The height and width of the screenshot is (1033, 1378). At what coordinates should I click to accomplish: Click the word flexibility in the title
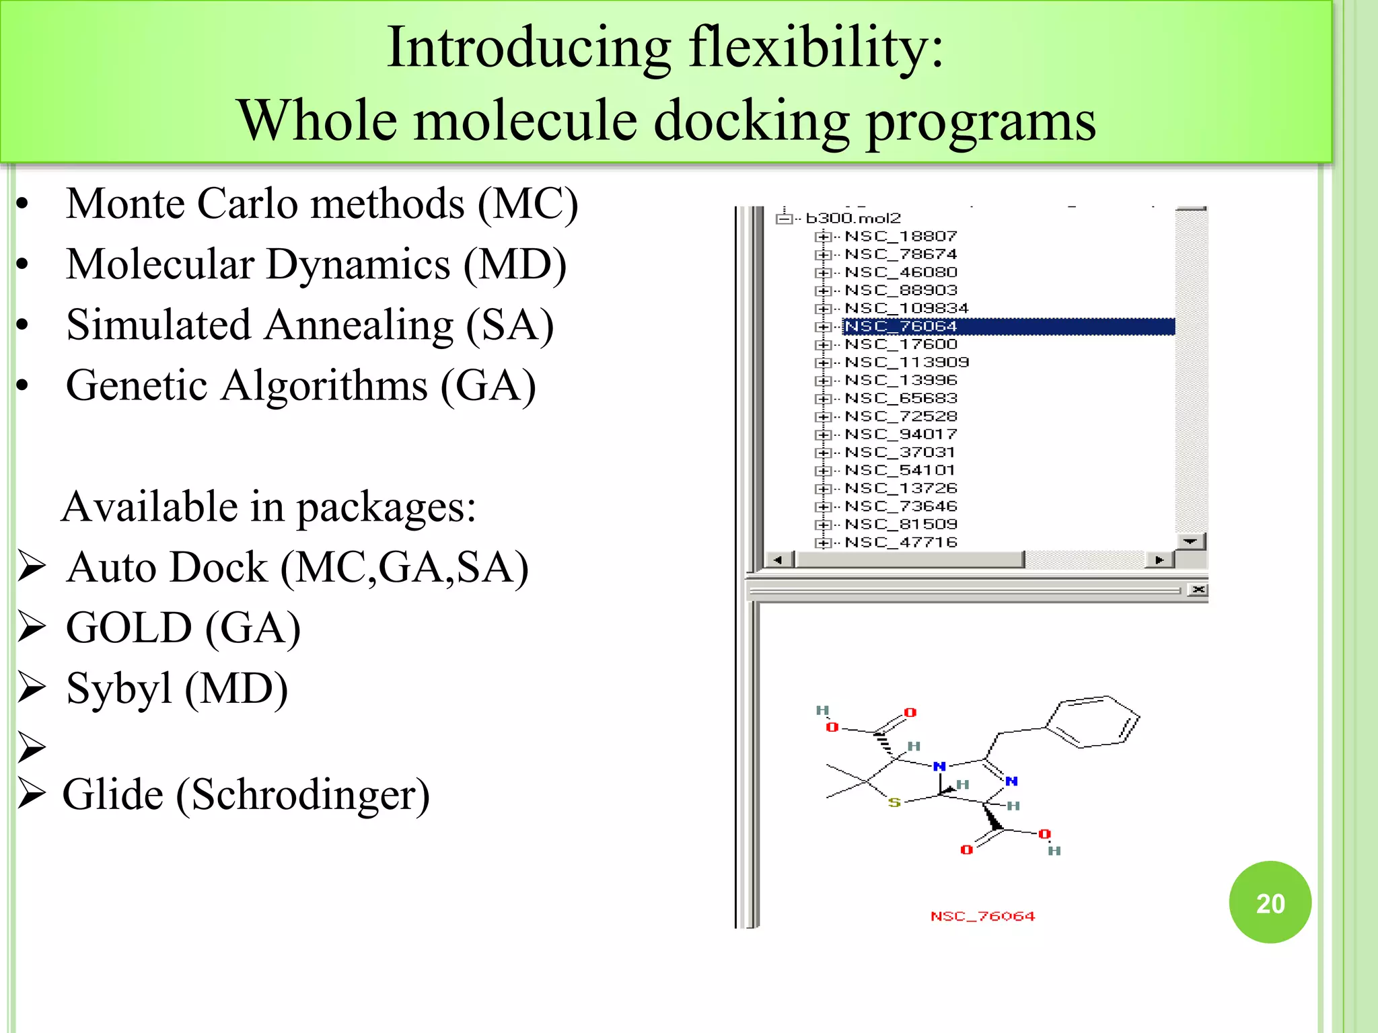coord(816,47)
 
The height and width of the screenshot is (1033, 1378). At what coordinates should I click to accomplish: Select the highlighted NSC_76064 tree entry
coord(900,327)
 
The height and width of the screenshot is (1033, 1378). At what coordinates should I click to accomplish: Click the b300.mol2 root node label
coord(853,219)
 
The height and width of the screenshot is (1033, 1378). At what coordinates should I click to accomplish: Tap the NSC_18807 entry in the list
coord(900,237)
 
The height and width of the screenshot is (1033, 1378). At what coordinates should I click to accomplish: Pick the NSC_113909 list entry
coord(906,362)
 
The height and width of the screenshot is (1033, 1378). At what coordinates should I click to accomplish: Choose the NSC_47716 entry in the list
coord(900,542)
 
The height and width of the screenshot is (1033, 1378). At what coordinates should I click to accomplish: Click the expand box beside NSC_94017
coord(822,434)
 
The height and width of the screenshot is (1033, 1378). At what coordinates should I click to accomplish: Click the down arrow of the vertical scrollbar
coord(1190,541)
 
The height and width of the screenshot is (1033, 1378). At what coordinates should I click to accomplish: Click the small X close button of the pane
coord(1198,590)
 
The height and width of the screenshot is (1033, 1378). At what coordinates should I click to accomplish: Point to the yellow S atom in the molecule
coord(894,802)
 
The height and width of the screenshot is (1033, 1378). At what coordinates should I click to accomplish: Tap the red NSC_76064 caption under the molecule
coord(982,916)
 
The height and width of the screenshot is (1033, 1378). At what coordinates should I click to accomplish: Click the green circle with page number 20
coord(1270,903)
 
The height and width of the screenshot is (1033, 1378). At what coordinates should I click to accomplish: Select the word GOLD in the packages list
coord(129,627)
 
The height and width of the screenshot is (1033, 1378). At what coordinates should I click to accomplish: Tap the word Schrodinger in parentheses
coord(302,795)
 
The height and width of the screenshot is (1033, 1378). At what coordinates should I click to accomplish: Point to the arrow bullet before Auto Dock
coord(32,566)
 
